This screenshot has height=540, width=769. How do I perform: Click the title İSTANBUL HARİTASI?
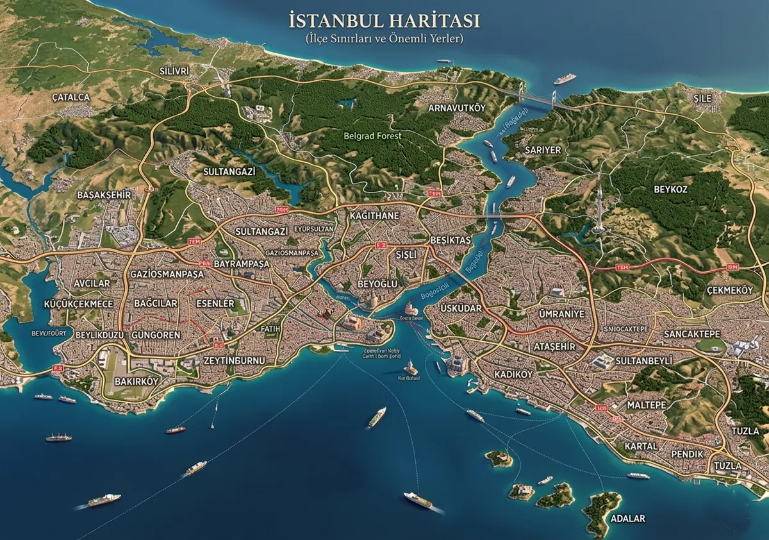click(x=384, y=21)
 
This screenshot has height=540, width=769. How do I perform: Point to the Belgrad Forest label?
click(x=372, y=136)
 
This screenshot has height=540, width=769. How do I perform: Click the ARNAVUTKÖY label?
click(x=457, y=108)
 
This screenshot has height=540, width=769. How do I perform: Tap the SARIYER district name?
click(x=543, y=149)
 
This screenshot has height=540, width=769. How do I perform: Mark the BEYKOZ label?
click(x=670, y=189)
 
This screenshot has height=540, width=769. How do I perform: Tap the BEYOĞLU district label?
click(x=377, y=283)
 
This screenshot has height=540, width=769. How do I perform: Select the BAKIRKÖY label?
click(x=135, y=381)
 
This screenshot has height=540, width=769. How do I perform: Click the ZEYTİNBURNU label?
click(x=234, y=360)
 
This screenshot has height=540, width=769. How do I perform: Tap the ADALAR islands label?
click(x=628, y=518)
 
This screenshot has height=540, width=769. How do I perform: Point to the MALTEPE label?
click(x=647, y=405)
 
